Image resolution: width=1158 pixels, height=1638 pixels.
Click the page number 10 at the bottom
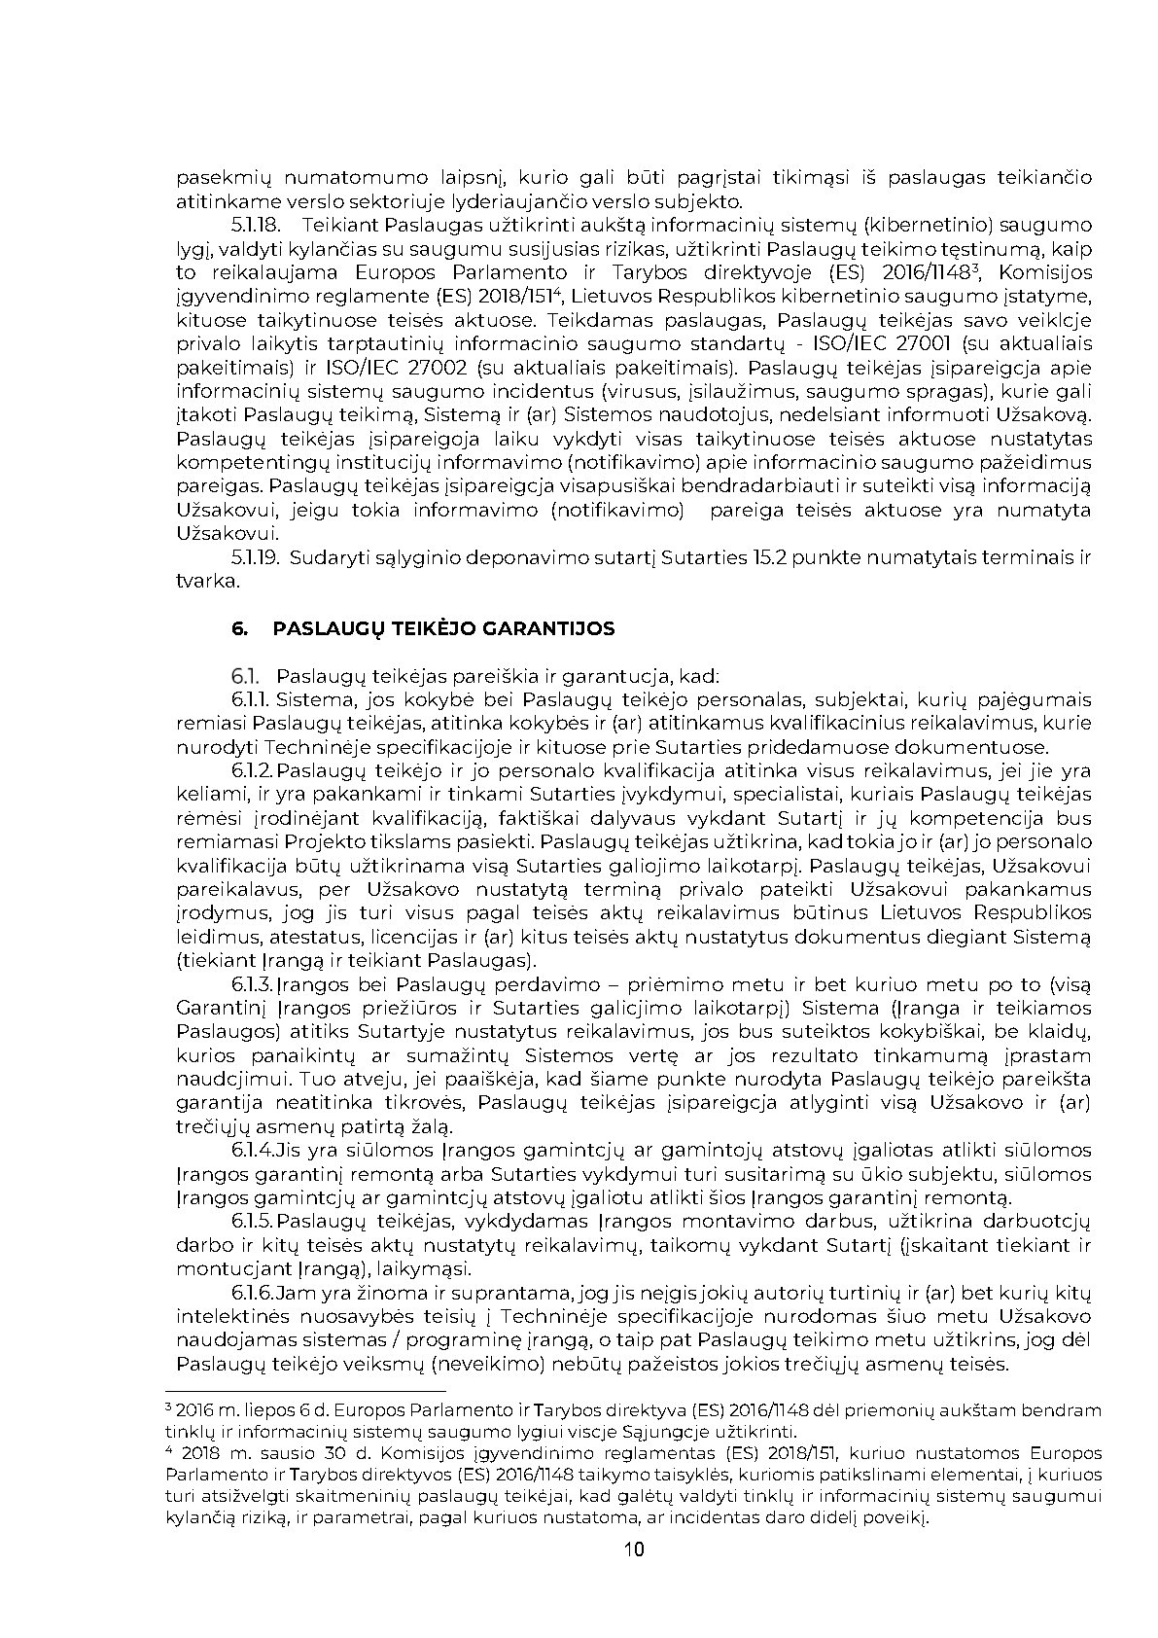click(x=634, y=1549)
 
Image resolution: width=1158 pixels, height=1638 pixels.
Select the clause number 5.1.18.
click(x=256, y=226)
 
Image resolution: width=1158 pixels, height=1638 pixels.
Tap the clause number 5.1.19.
click(x=256, y=558)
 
